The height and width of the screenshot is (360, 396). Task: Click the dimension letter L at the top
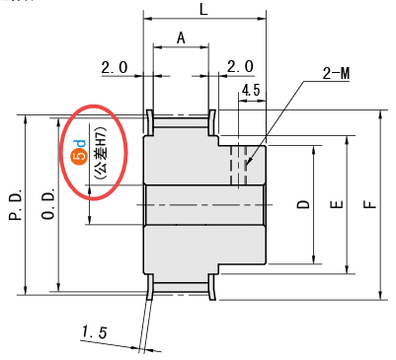(203, 10)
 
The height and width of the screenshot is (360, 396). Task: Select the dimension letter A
(181, 38)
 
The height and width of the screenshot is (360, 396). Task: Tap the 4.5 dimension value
(251, 90)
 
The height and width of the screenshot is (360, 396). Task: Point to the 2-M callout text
(336, 73)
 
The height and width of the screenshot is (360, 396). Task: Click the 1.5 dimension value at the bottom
(95, 331)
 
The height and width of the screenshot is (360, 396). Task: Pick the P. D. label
(16, 204)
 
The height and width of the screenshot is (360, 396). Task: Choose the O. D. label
(48, 204)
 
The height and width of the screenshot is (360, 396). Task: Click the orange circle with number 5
(79, 157)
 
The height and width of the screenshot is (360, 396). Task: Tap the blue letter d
(79, 143)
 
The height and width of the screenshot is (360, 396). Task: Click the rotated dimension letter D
(303, 204)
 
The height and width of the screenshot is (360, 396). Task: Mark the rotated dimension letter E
(337, 204)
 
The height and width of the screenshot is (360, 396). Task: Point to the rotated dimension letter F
(370, 204)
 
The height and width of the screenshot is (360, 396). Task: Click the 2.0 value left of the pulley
(114, 68)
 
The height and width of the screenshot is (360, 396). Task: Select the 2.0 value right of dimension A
(240, 67)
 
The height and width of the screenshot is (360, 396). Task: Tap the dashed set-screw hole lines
(239, 165)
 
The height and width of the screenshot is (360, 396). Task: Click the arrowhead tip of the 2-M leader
(247, 165)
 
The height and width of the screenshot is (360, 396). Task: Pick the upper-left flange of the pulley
(149, 122)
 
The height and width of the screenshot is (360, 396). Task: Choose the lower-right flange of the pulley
(211, 287)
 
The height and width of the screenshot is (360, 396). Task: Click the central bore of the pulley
(204, 205)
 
